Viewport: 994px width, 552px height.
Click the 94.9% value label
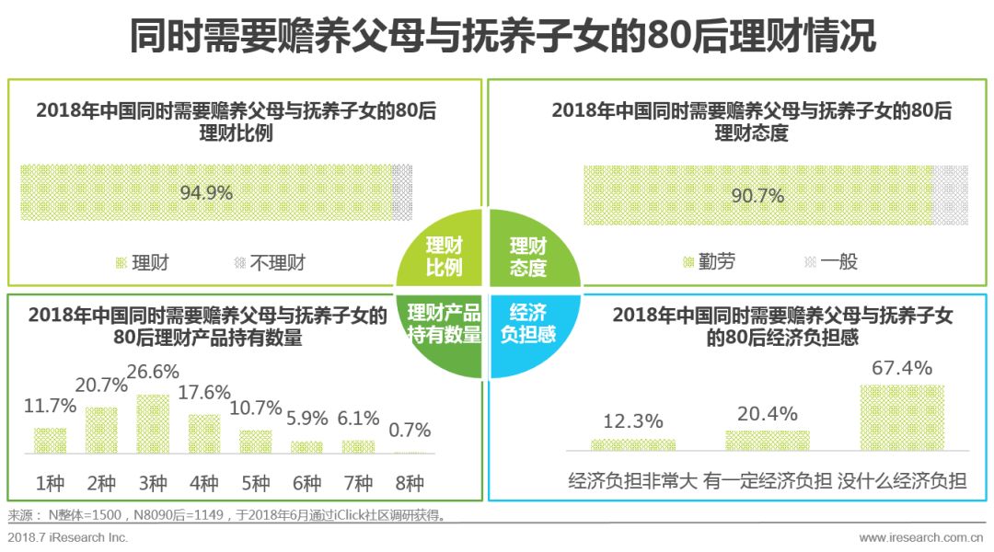(206, 193)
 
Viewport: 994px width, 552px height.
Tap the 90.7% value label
(757, 196)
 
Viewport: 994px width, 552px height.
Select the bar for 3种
(153, 424)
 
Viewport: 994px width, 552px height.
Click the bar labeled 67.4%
(901, 418)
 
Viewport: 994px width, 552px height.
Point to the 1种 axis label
(50, 483)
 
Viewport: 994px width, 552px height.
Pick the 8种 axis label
(410, 483)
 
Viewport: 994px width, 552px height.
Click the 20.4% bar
(767, 441)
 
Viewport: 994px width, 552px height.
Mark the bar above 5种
(256, 442)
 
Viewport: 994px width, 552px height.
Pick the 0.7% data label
(410, 430)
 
